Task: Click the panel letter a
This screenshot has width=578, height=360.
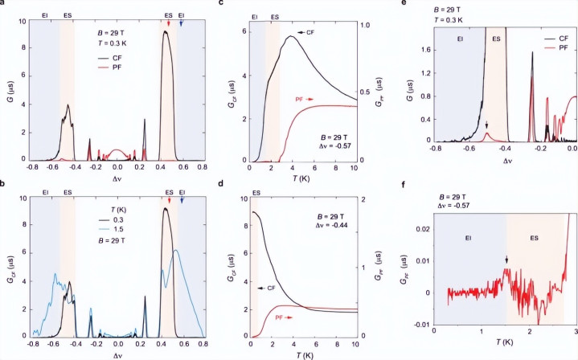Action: [3, 5]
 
